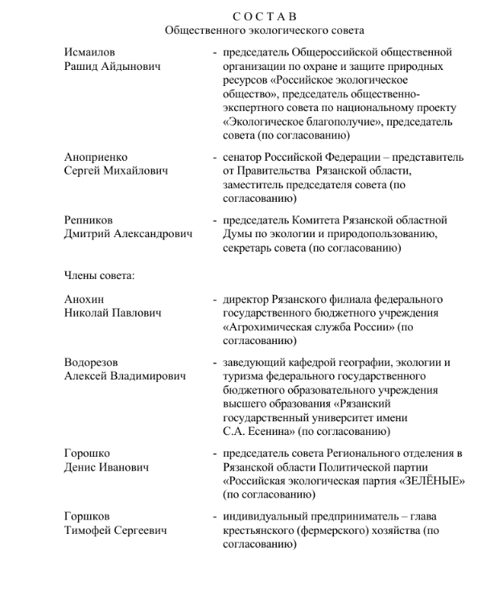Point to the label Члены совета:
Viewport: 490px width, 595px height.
click(x=99, y=275)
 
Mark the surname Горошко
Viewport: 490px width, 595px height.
click(x=88, y=453)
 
